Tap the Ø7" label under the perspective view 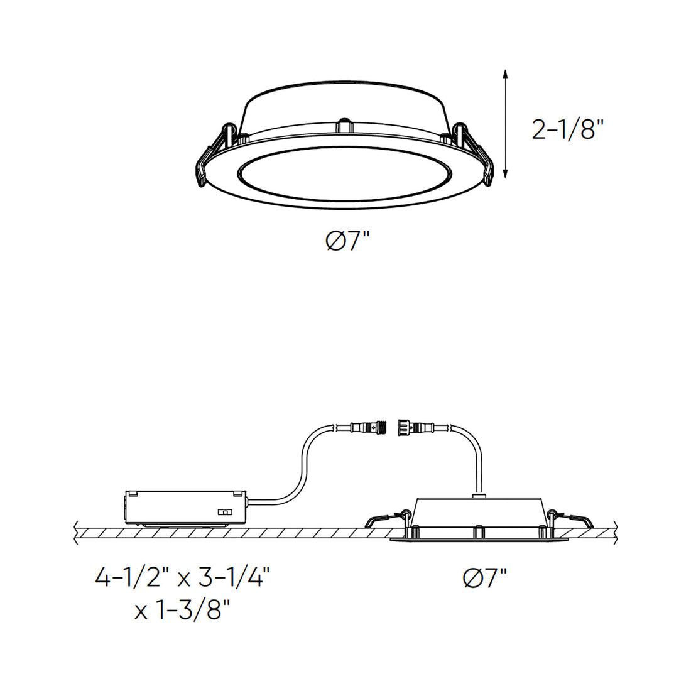coord(347,241)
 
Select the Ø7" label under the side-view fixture coord(485,577)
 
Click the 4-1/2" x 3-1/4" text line coord(182,577)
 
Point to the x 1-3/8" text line coord(182,609)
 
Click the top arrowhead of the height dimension coord(506,74)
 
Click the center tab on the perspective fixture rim coord(344,126)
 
